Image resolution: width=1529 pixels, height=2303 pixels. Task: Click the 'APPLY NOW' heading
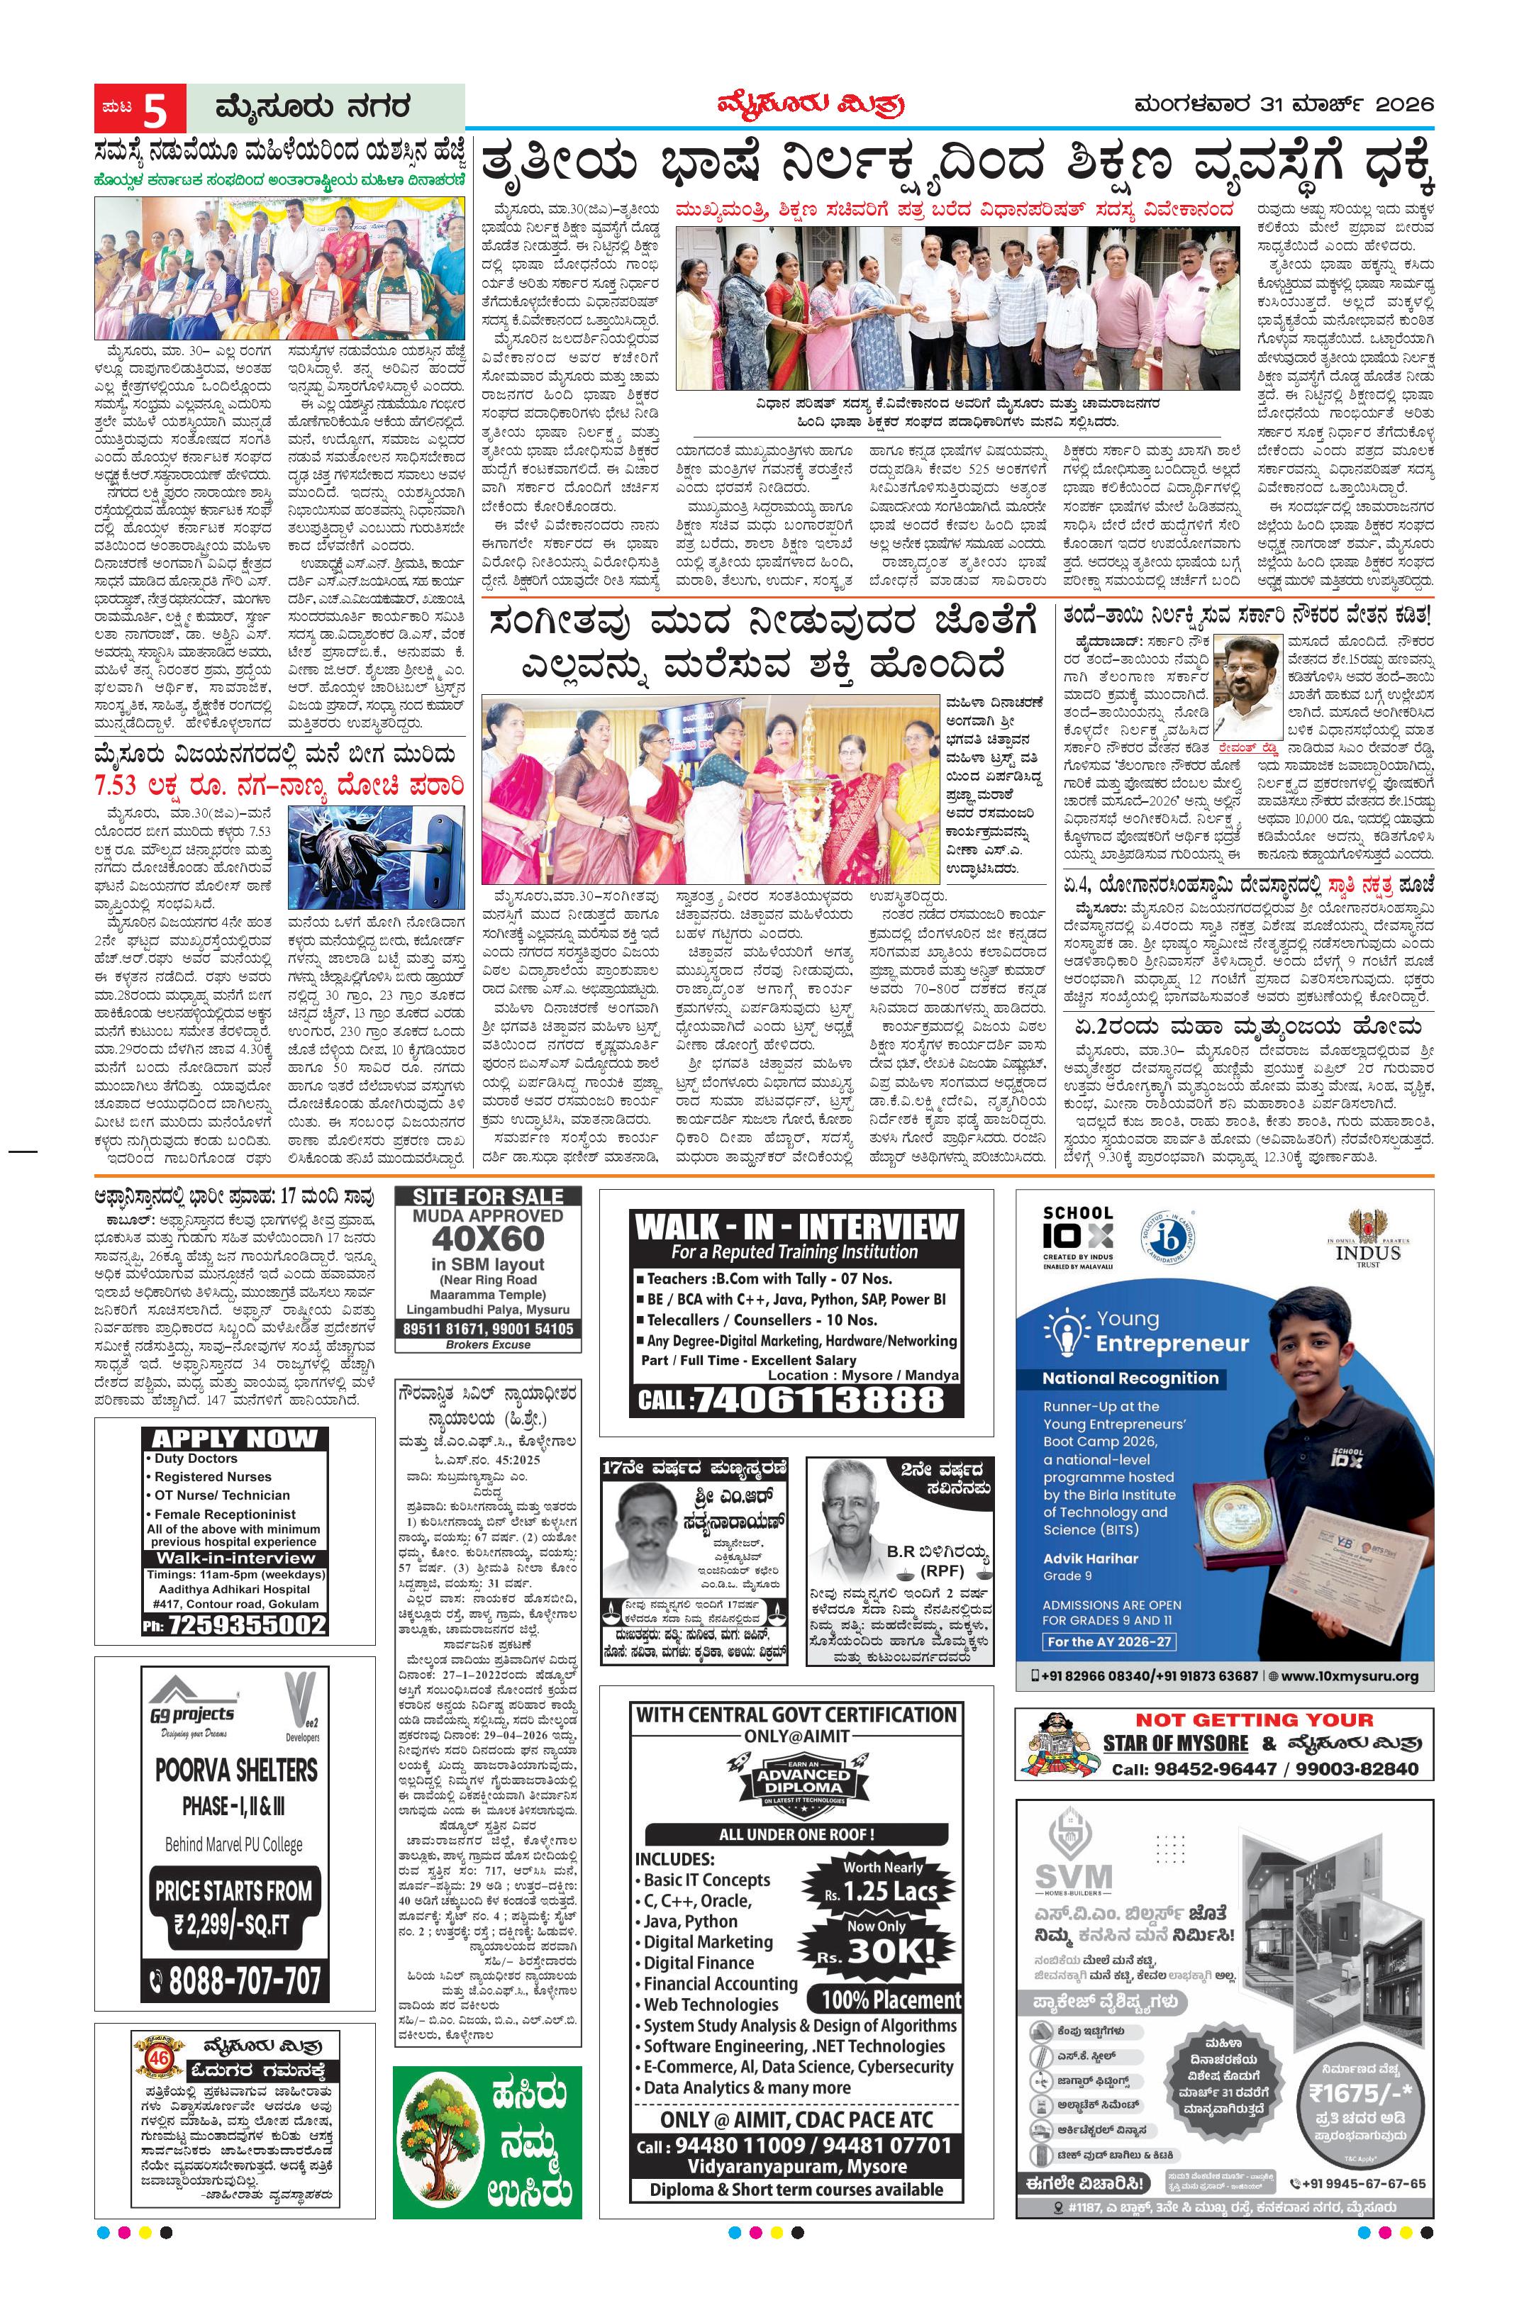[x=234, y=1438]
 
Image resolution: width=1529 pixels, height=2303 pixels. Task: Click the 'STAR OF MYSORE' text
[x=1175, y=1742]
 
